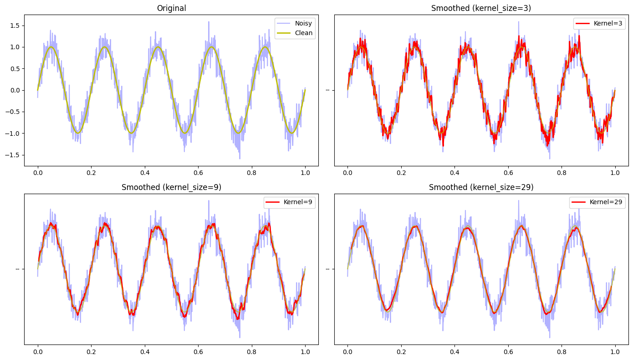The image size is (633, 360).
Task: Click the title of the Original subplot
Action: (171, 8)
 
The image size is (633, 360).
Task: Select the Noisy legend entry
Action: (295, 23)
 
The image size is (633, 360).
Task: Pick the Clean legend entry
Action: (295, 33)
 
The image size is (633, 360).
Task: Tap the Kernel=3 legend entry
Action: (599, 23)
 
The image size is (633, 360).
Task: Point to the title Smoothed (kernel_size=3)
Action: (481, 8)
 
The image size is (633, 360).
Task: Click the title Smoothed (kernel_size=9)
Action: (171, 187)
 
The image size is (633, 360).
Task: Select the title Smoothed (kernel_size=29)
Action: (481, 187)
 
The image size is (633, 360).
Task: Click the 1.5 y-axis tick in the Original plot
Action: (15, 26)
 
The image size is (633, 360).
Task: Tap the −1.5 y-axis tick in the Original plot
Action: (13, 155)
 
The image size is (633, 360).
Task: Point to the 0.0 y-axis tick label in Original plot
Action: (15, 90)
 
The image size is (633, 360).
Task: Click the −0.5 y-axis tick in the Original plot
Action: (13, 112)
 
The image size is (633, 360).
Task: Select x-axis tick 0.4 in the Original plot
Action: (145, 173)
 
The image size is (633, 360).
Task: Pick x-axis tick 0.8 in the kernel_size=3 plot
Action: (562, 173)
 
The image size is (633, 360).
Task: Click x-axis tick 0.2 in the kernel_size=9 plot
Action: (91, 352)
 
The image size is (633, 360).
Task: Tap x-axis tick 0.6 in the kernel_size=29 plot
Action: (508, 352)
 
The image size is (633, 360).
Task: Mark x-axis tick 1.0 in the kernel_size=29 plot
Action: (615, 352)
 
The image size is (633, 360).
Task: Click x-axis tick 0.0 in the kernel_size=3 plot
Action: (347, 173)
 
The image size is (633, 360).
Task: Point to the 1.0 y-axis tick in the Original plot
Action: (15, 47)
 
